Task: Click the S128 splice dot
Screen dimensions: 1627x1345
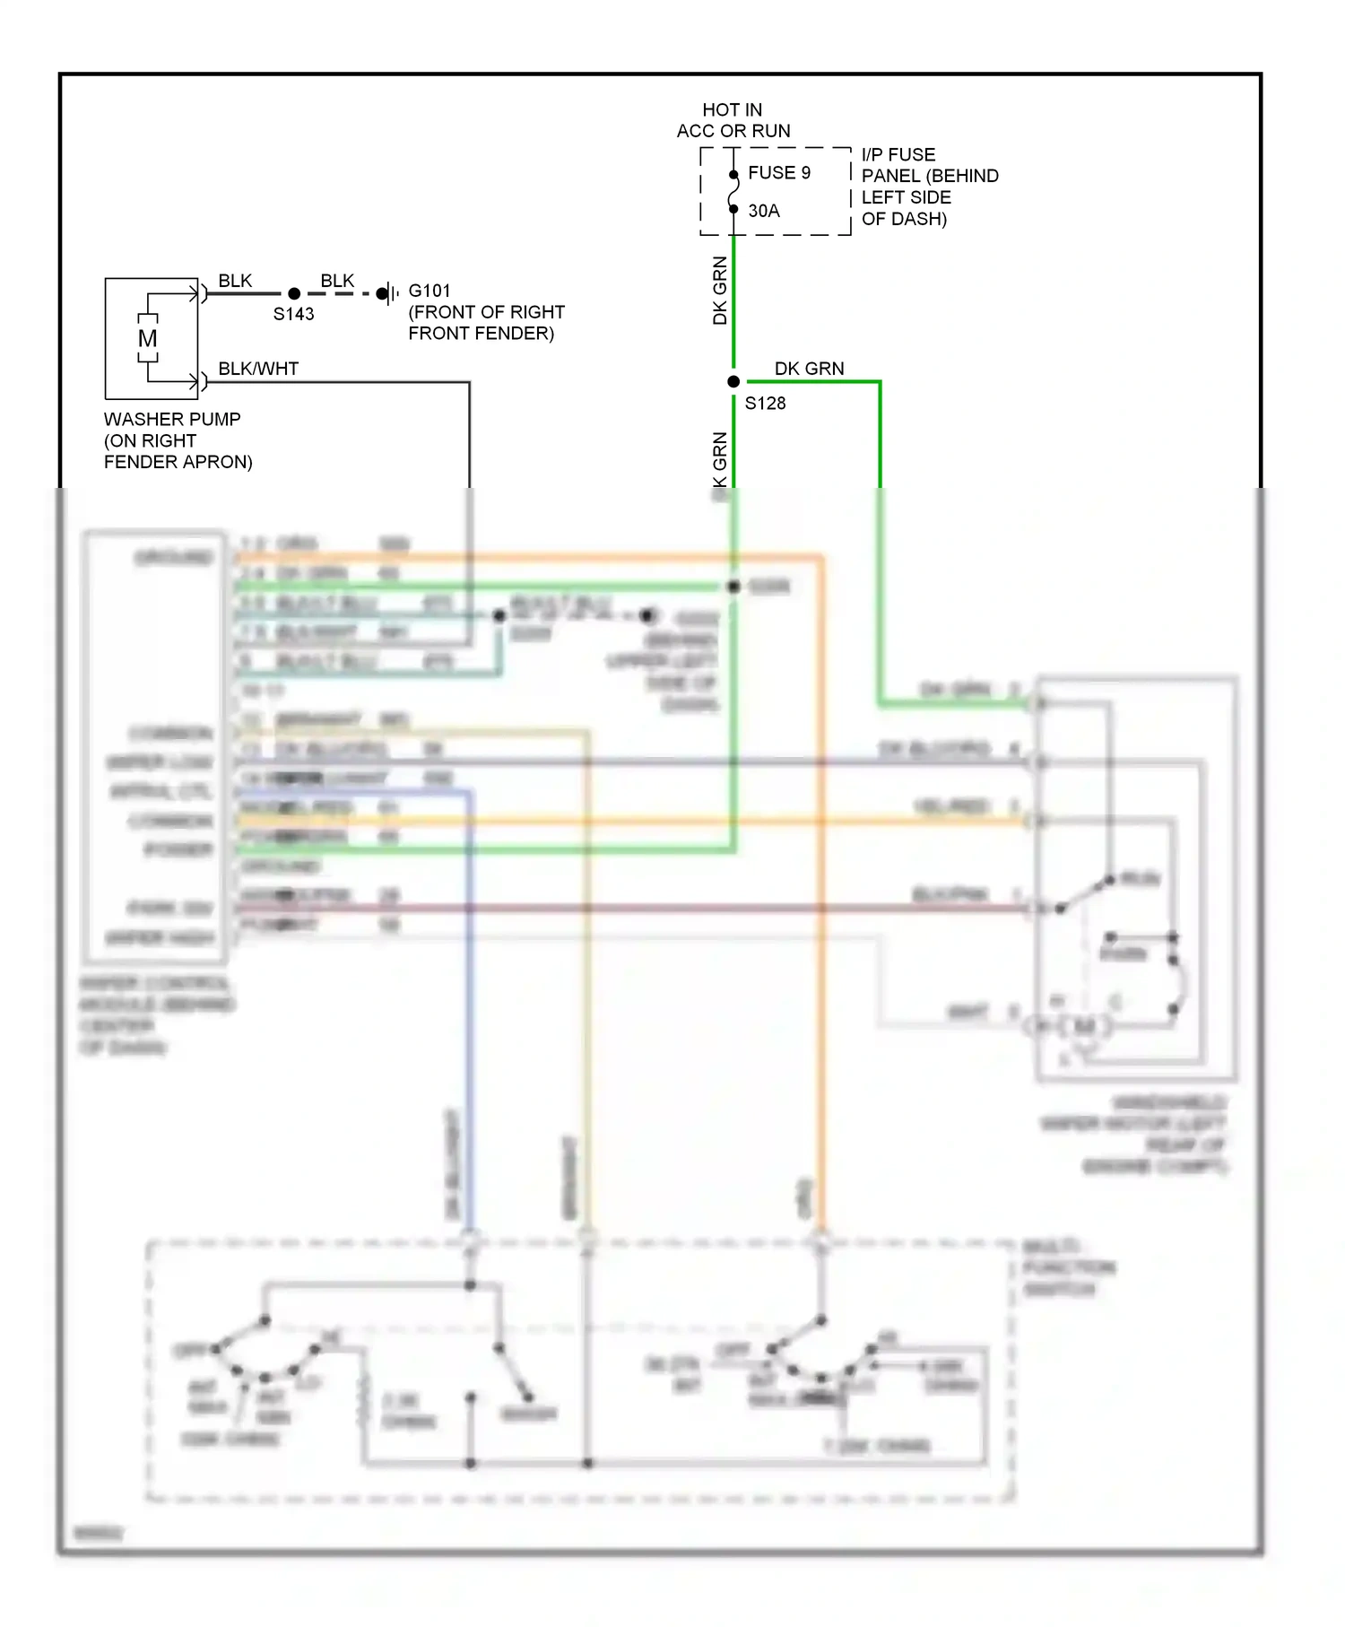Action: click(733, 381)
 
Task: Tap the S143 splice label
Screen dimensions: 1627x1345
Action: click(293, 314)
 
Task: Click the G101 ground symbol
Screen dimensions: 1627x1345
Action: click(388, 293)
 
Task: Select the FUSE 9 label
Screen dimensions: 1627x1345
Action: click(778, 172)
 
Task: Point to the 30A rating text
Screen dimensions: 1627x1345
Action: click(764, 211)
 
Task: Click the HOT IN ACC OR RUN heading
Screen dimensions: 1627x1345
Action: click(733, 120)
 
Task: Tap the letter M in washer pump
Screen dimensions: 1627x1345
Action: click(148, 338)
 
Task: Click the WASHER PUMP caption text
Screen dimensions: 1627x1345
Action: click(177, 439)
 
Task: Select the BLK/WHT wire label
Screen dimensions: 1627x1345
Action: click(258, 369)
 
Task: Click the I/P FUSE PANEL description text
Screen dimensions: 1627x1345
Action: click(929, 187)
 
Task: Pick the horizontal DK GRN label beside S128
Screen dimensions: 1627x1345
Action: click(809, 369)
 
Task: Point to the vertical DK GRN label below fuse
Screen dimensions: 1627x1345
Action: click(720, 290)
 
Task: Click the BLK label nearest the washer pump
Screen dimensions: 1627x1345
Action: click(235, 281)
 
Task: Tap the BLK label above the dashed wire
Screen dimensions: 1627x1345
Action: click(337, 281)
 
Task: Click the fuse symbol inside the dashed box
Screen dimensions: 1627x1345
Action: click(733, 191)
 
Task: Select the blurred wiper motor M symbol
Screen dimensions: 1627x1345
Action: click(1083, 1025)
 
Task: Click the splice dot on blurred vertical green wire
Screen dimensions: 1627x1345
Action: click(733, 586)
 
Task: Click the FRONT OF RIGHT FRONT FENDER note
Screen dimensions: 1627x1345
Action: click(485, 323)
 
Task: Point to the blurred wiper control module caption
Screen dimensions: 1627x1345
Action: click(156, 1014)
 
